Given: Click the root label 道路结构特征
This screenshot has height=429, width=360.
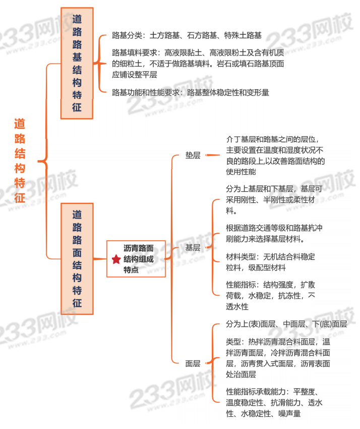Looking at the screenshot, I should pyautogui.click(x=20, y=160).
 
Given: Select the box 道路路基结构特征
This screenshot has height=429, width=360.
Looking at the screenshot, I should pyautogui.click(x=77, y=63).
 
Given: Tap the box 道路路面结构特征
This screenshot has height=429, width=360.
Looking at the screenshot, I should pyautogui.click(x=77, y=258).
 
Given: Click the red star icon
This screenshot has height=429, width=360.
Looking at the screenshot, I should pyautogui.click(x=116, y=259).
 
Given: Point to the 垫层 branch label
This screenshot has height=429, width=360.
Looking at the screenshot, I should pyautogui.click(x=193, y=155).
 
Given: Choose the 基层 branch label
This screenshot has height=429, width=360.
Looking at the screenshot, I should pyautogui.click(x=193, y=248).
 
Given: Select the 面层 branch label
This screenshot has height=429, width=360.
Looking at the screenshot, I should pyautogui.click(x=193, y=363).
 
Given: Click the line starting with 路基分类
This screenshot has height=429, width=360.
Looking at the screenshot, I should pyautogui.click(x=187, y=35).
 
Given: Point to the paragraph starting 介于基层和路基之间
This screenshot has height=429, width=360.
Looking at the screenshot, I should pyautogui.click(x=275, y=155).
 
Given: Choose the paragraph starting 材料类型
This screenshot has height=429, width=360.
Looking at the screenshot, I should pyautogui.click(x=270, y=262).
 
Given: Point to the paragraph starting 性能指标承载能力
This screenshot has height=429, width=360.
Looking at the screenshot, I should pyautogui.click(x=274, y=402).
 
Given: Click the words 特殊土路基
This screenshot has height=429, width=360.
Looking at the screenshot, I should pyautogui.click(x=244, y=35).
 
